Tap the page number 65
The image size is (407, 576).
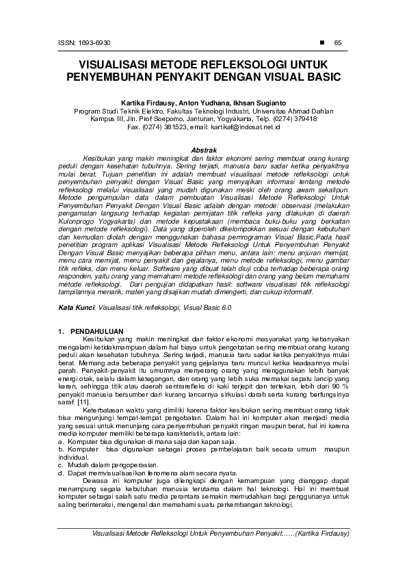(x=337, y=42)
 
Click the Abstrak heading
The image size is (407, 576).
(x=203, y=148)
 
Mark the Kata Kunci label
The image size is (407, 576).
(x=76, y=309)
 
